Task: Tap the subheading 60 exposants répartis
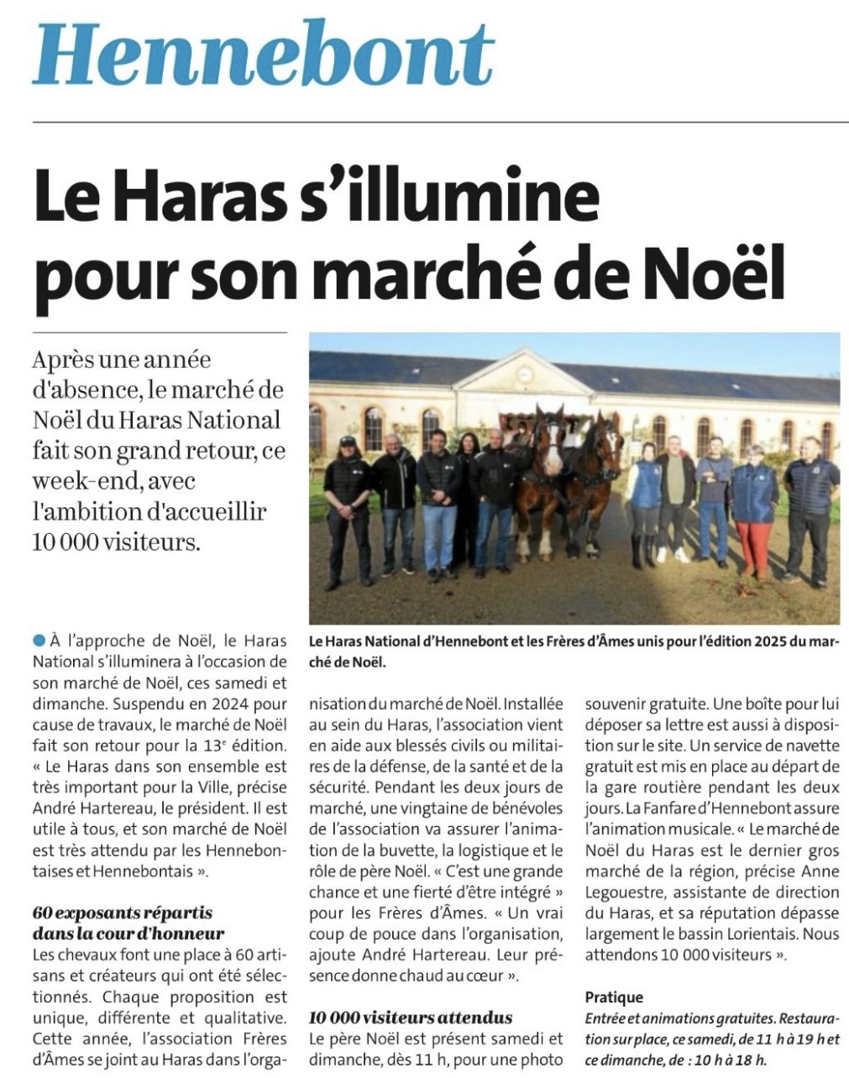click(123, 913)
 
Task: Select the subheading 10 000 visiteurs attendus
click(411, 1018)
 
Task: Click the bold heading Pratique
click(614, 997)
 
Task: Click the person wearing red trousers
click(753, 512)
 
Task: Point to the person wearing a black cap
click(348, 508)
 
